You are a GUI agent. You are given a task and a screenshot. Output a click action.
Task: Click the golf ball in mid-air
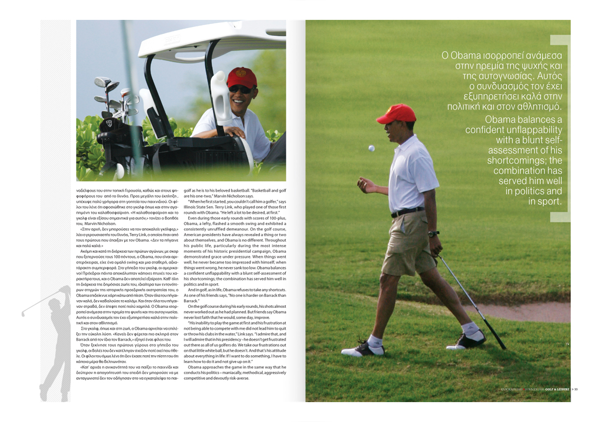(371, 148)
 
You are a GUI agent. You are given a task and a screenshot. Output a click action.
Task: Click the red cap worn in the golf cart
(241, 77)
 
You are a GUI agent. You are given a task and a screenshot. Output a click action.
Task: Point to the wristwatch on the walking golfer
(433, 234)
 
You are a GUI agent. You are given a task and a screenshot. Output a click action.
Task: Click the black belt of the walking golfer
(407, 212)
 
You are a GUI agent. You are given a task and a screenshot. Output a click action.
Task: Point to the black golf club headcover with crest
(107, 124)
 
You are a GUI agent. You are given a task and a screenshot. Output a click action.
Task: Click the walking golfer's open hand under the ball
(365, 186)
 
